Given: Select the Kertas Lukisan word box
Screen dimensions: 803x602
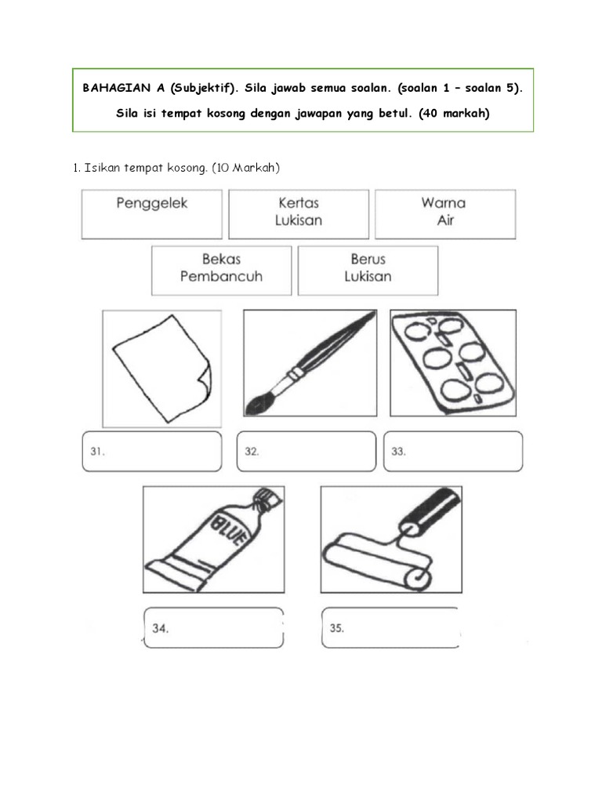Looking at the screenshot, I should (299, 213).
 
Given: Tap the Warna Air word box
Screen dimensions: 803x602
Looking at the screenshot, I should (445, 213).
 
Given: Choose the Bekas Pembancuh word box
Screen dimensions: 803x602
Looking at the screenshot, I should (221, 270).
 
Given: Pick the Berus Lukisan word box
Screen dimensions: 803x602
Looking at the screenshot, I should (368, 270).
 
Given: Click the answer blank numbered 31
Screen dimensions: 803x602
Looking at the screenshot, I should (152, 452).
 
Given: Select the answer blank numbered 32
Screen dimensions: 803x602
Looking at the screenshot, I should (306, 452).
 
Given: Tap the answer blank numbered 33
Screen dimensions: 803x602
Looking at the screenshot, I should (453, 452).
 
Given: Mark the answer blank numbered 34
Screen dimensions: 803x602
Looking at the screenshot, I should (213, 628).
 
